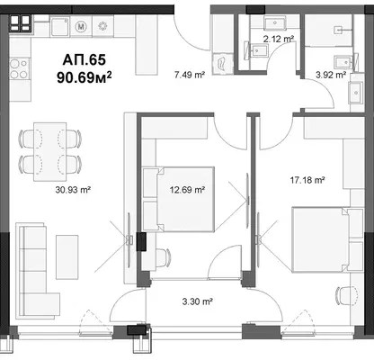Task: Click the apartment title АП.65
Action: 85,60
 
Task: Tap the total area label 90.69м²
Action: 85,77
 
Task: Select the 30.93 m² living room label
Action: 73,190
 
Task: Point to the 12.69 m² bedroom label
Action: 187,190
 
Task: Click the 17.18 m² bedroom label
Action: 307,180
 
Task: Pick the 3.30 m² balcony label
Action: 198,301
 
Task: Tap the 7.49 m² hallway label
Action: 190,75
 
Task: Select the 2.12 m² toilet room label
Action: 279,39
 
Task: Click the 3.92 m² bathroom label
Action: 331,75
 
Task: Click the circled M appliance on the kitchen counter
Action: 80,26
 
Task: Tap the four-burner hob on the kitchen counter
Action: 20,68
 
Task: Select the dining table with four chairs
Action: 49,151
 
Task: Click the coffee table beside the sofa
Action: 67,256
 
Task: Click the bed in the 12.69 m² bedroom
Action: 179,200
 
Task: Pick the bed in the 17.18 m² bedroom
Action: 327,239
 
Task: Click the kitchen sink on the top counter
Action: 60,26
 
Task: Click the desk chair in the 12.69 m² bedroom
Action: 161,257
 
